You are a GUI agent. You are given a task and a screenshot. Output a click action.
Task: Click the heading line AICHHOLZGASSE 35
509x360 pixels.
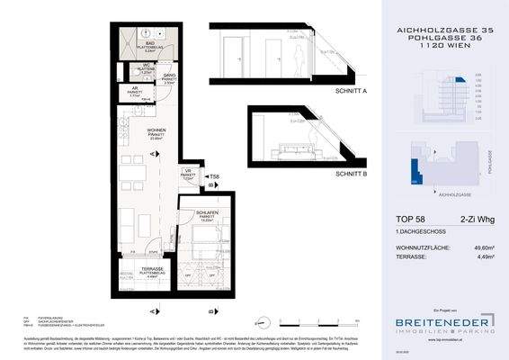(443, 30)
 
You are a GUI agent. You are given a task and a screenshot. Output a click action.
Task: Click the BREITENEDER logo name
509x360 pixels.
(440, 320)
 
